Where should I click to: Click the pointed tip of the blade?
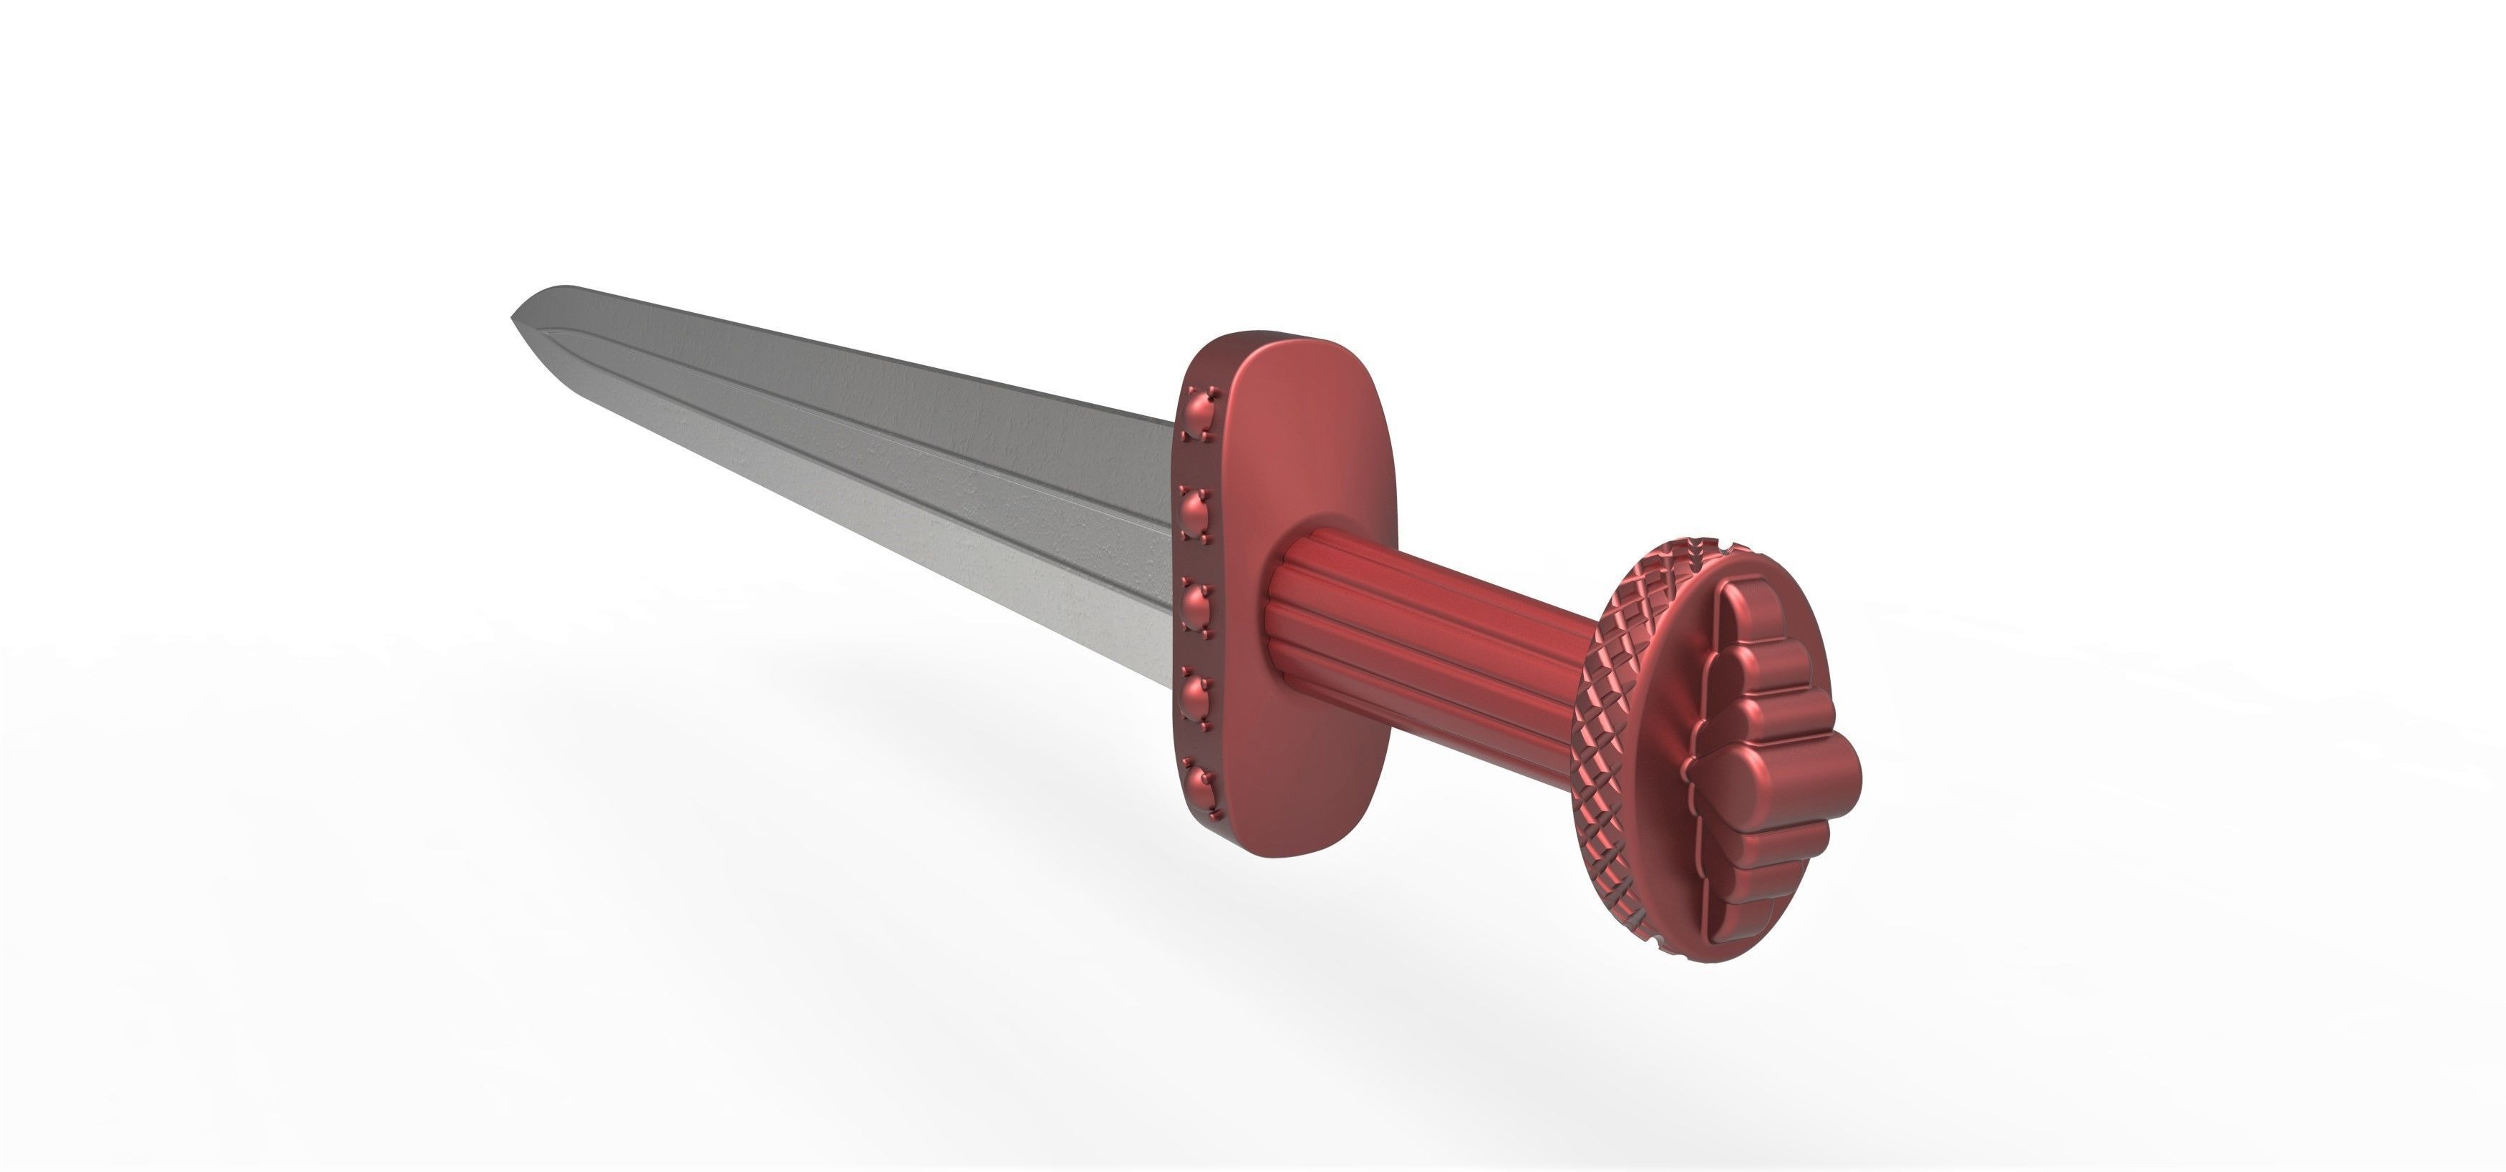tap(513, 317)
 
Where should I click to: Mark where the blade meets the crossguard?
tap(1172, 545)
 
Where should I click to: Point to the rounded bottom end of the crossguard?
tap(1255, 844)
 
